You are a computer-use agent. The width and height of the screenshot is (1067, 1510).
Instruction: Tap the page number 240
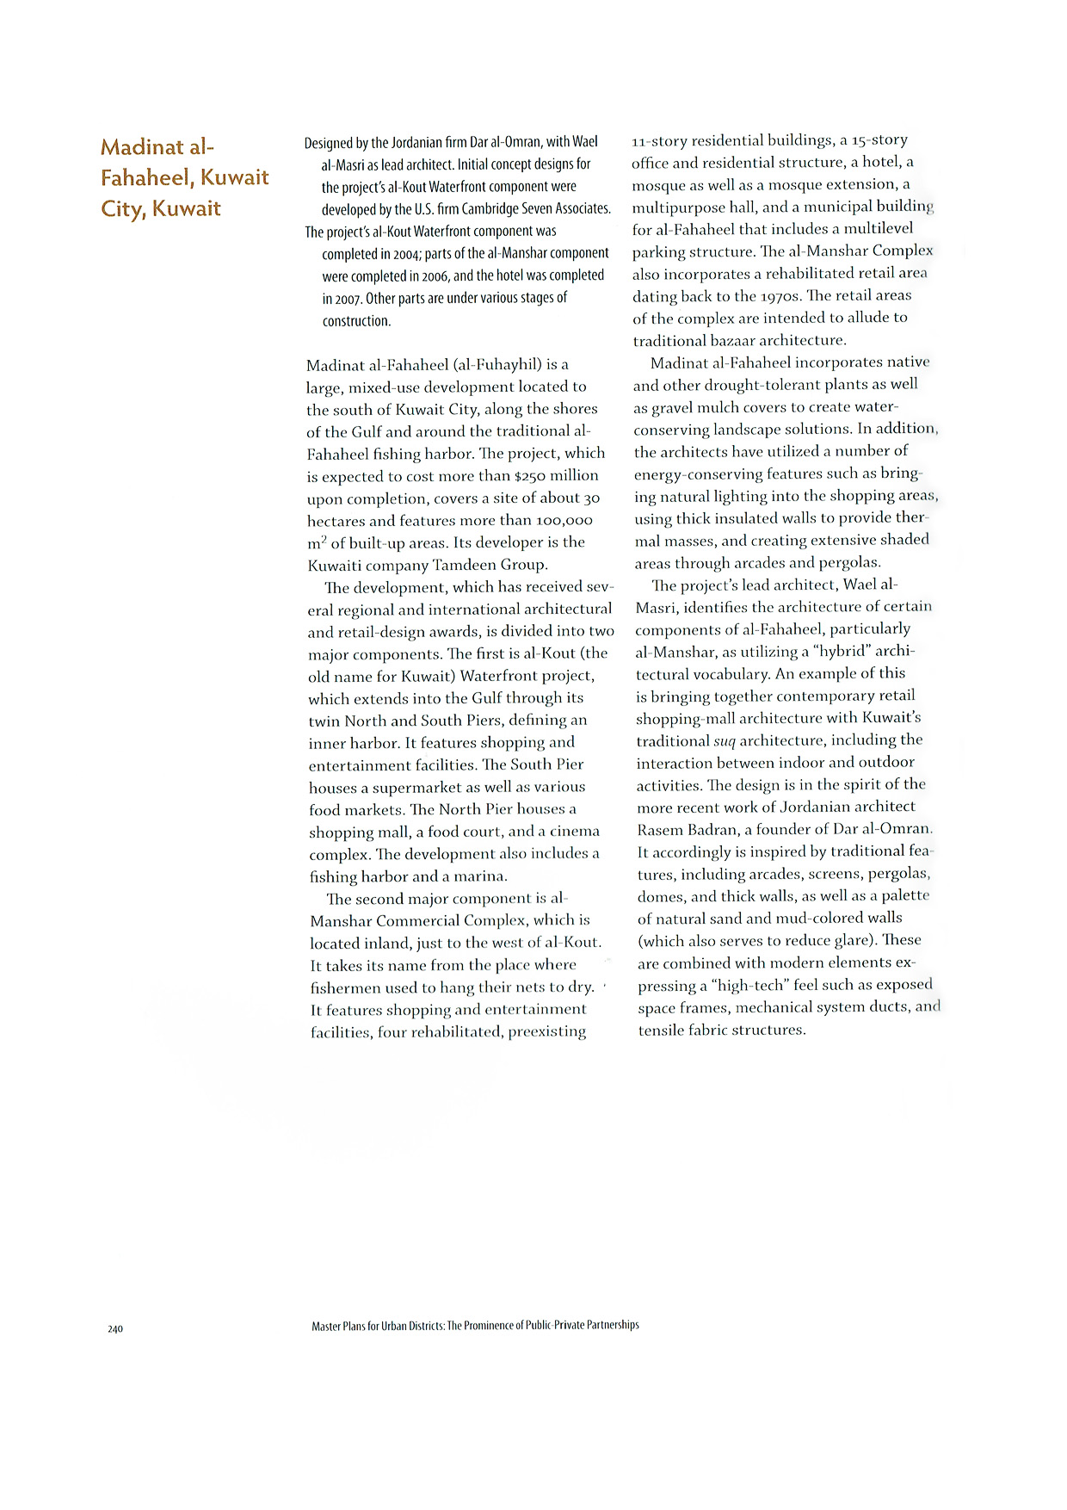tap(115, 1329)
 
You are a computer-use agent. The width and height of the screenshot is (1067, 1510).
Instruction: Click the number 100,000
tap(564, 521)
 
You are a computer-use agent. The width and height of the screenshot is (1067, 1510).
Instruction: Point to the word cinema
tap(576, 832)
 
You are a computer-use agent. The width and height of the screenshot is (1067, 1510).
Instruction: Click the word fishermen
tap(348, 987)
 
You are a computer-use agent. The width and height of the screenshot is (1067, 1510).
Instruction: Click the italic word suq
tap(725, 741)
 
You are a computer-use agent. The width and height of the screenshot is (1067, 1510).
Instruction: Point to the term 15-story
tap(879, 140)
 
